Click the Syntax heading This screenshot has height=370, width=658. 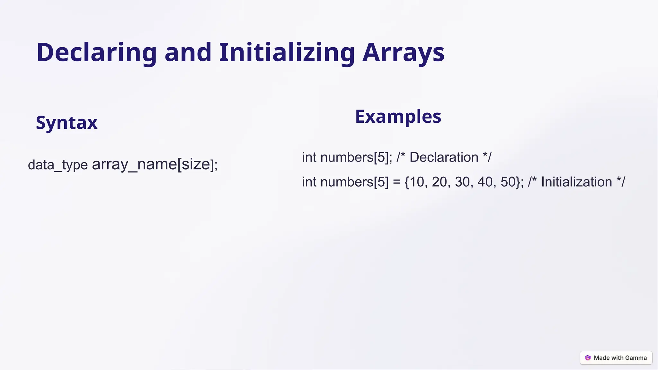[x=67, y=122]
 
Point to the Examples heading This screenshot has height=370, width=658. [x=398, y=116]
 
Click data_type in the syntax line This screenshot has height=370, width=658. [x=58, y=165]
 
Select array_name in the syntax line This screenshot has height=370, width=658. [x=134, y=164]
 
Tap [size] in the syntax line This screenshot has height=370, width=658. [x=195, y=164]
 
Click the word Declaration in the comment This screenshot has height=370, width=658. [x=444, y=157]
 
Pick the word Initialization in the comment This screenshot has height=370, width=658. [x=576, y=182]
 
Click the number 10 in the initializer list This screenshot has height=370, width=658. [x=417, y=182]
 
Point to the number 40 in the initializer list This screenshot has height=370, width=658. [x=485, y=182]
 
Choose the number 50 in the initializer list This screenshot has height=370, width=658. [x=508, y=182]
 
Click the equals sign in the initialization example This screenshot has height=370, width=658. [x=396, y=182]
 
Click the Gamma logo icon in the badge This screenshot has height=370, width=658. [x=588, y=358]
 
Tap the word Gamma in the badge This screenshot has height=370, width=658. [x=636, y=358]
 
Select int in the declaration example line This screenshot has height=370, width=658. [x=309, y=157]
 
